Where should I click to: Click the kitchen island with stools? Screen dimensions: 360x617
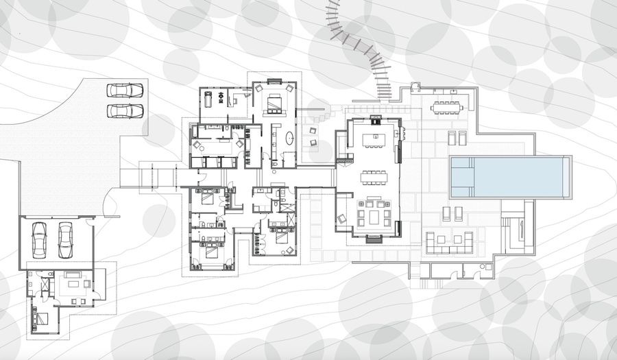point(375,139)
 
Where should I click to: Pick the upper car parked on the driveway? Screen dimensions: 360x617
point(125,90)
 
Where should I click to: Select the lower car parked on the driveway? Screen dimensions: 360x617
point(125,110)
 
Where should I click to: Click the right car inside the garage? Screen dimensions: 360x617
point(66,237)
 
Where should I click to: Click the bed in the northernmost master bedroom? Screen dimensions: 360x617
point(275,104)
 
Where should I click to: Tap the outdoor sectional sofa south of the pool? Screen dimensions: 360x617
point(450,241)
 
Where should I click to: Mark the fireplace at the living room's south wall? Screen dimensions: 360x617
point(374,239)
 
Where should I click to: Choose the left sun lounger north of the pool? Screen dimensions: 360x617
point(452,139)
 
